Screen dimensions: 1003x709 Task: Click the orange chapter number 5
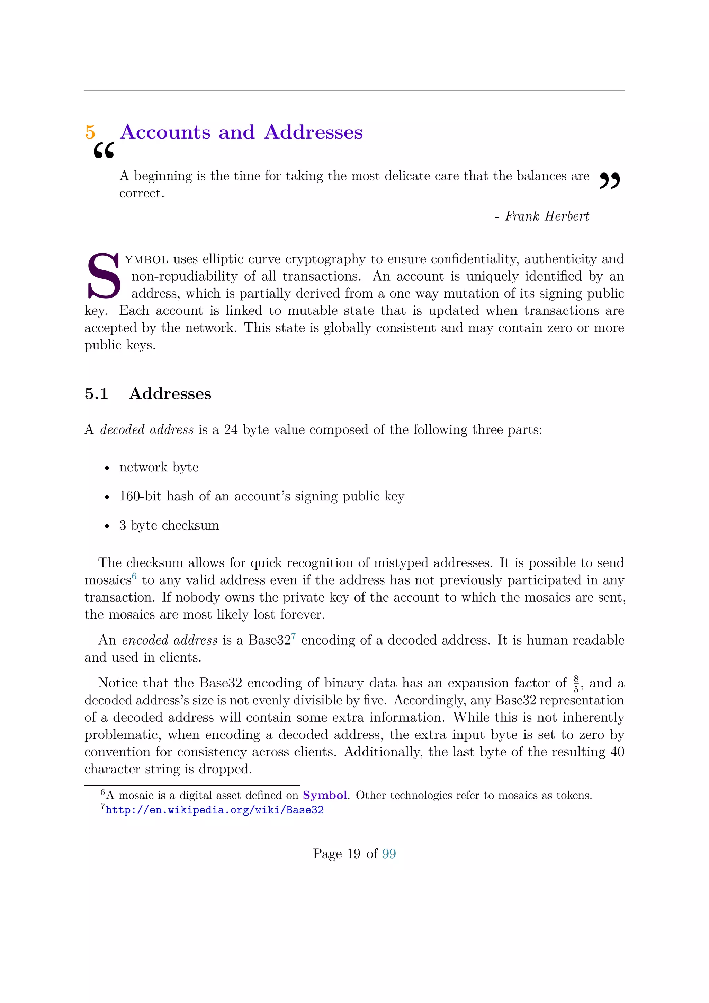tap(90, 132)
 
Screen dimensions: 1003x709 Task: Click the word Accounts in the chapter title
tap(165, 132)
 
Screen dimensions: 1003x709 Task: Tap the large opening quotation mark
tap(104, 151)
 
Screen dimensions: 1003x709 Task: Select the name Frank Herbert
tap(547, 216)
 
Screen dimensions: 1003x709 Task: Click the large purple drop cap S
tap(104, 276)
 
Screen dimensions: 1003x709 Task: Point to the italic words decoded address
tap(147, 430)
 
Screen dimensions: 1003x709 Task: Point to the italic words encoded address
tap(169, 640)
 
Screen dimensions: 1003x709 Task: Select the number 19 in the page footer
tap(353, 854)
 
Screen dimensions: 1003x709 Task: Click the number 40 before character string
tap(617, 752)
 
